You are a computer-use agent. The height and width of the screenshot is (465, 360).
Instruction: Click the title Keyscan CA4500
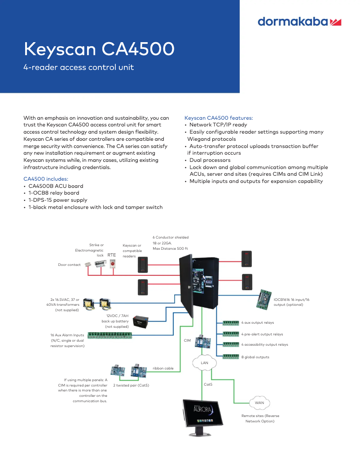click(x=99, y=49)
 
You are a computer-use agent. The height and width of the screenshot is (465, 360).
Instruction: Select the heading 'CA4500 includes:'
click(x=46, y=178)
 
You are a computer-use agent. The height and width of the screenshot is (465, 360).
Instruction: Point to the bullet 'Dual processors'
click(x=210, y=160)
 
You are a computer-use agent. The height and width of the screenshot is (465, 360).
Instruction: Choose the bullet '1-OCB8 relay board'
click(x=53, y=193)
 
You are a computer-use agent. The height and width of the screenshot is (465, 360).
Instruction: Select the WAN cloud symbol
click(x=259, y=403)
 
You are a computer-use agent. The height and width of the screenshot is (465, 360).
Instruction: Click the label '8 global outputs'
click(x=255, y=357)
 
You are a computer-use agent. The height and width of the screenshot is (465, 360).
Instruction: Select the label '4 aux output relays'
click(x=257, y=322)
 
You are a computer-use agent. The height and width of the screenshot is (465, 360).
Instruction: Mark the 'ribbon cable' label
click(x=163, y=368)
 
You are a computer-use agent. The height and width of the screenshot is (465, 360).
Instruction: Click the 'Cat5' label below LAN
click(x=208, y=384)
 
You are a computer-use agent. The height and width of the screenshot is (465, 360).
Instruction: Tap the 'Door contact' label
click(x=69, y=265)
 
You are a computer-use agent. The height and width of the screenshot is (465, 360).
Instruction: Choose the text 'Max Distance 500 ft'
click(x=170, y=248)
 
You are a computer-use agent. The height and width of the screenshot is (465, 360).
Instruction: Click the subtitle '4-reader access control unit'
click(x=79, y=68)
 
